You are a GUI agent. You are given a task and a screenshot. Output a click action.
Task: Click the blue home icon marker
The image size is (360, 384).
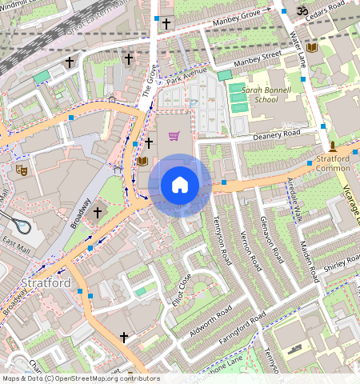coord(180,186)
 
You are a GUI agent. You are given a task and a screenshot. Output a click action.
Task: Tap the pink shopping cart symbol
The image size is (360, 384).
coord(174,136)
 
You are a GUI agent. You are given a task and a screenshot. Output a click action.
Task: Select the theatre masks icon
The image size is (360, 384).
coord(22,169)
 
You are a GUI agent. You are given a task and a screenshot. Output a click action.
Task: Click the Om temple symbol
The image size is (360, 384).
coord(302,11)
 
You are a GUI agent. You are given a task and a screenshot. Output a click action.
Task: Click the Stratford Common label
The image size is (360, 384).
coord(328,163)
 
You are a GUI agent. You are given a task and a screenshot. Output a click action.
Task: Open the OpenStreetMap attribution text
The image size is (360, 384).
coord(80,378)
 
